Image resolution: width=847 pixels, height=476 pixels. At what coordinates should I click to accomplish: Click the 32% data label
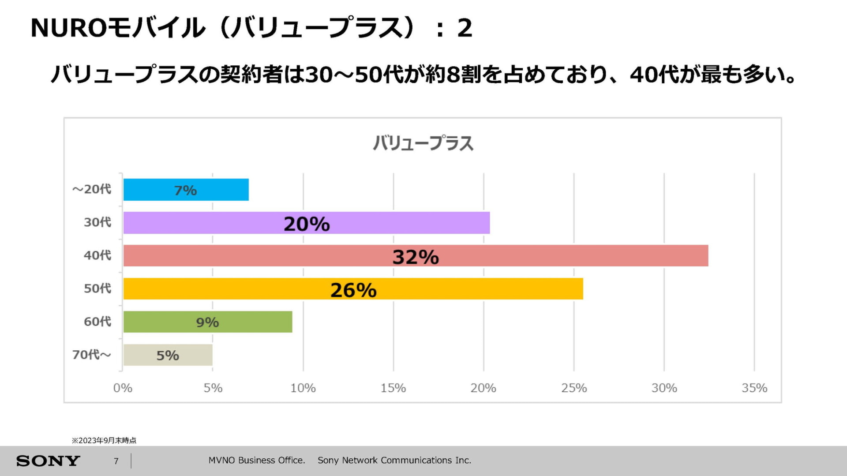[x=416, y=257]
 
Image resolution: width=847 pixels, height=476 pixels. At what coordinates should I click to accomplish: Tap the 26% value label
[x=353, y=290]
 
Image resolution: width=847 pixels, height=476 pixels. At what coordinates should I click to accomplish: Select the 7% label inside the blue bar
[x=185, y=191]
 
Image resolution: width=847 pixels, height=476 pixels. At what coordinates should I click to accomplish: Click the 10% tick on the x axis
[x=303, y=388]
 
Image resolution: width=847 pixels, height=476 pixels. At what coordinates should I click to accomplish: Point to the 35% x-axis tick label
[x=754, y=388]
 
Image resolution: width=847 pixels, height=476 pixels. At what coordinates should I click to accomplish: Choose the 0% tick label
[x=123, y=388]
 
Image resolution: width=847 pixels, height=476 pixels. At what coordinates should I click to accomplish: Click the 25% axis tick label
[x=574, y=388]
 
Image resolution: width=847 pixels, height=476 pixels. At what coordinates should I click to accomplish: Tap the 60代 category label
[x=97, y=322]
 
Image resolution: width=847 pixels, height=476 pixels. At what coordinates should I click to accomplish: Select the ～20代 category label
[x=92, y=189]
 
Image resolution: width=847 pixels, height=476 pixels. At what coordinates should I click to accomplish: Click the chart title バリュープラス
[x=423, y=143]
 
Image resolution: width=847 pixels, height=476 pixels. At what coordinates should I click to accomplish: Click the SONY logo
[x=48, y=461]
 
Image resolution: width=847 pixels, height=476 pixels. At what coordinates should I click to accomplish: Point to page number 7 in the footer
[x=116, y=461]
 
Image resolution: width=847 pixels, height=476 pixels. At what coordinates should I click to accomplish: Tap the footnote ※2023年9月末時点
[x=104, y=440]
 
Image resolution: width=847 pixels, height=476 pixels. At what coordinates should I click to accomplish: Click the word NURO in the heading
[x=68, y=28]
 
